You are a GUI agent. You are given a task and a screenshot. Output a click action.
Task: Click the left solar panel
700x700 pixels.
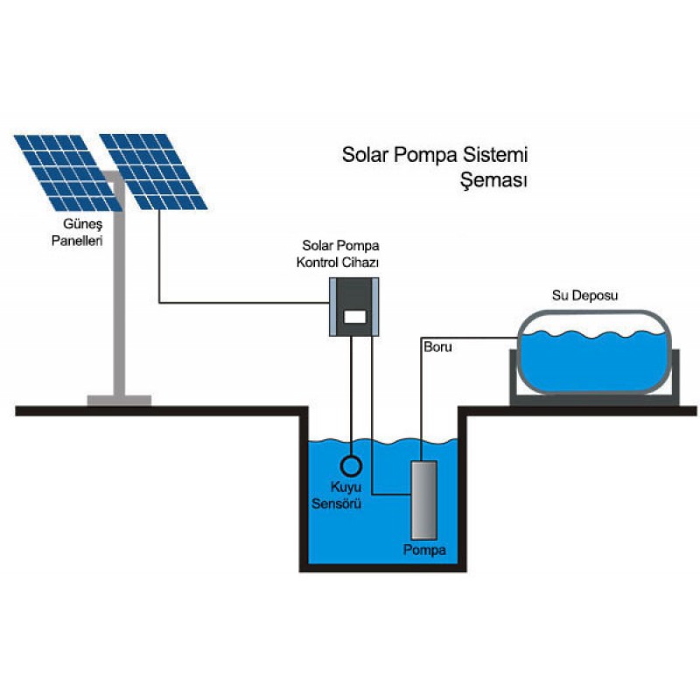coord(66,171)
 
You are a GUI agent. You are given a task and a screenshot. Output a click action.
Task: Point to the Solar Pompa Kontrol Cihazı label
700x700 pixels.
coord(340,254)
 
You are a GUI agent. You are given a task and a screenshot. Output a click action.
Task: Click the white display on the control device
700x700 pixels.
coord(353,317)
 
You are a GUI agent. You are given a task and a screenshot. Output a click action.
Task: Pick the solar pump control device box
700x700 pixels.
coord(353,305)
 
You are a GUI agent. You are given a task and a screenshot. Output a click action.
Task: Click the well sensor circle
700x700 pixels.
coord(352,463)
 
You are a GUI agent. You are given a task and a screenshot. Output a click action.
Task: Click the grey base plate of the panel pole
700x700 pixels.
coord(119,401)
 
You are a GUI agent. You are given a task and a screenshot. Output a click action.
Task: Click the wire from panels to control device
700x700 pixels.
coord(236,303)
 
